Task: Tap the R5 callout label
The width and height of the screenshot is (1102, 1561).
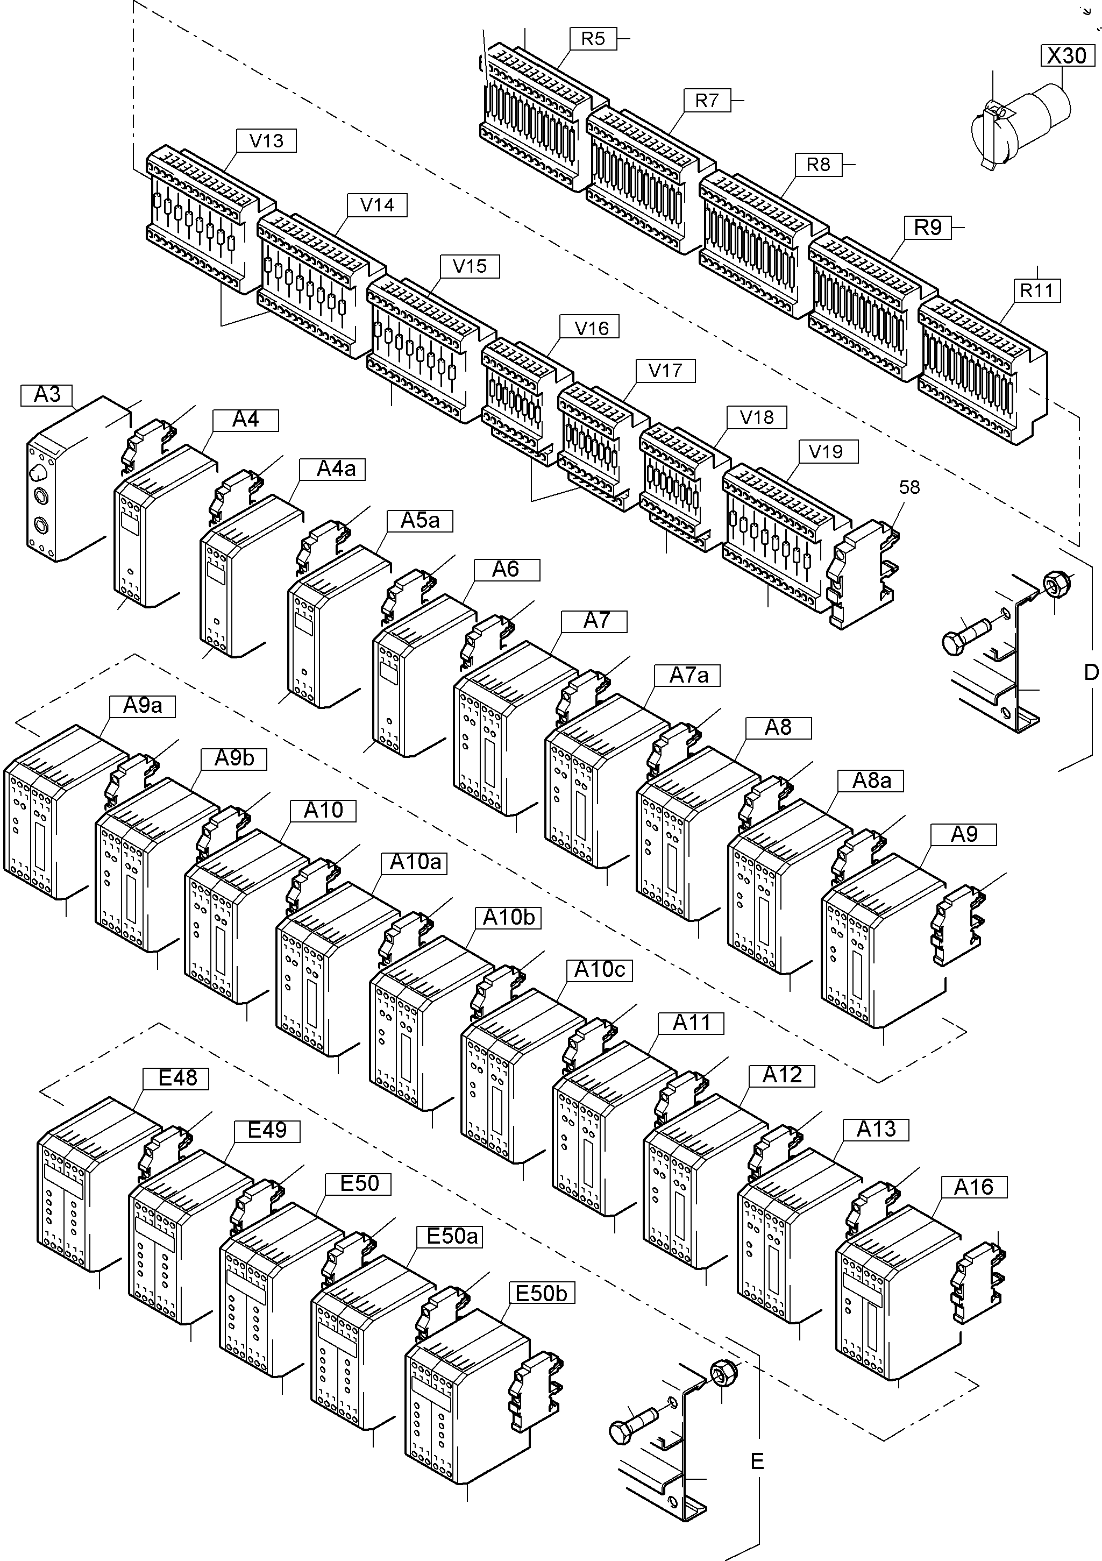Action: pyautogui.click(x=593, y=39)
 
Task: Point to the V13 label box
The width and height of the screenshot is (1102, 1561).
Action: pyautogui.click(x=266, y=141)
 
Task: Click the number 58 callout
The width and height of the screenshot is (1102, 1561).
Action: pyautogui.click(x=909, y=487)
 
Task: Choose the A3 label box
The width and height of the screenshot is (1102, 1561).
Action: pyautogui.click(x=47, y=394)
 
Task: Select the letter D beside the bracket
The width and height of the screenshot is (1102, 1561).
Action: pyautogui.click(x=1091, y=672)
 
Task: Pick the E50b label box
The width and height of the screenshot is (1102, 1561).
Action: pyautogui.click(x=541, y=1293)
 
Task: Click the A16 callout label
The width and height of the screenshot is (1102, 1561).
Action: pyautogui.click(x=973, y=1187)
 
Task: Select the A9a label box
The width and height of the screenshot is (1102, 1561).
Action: pyautogui.click(x=142, y=706)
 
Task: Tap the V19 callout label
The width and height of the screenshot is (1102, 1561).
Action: pyautogui.click(x=826, y=451)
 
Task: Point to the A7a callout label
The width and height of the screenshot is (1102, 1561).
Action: pyautogui.click(x=688, y=675)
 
